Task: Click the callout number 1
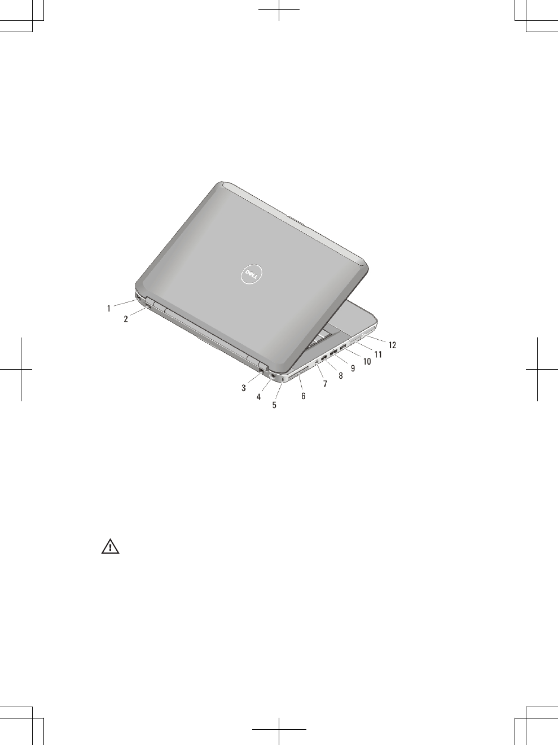click(x=109, y=309)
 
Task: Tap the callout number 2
click(x=126, y=319)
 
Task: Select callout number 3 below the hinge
click(x=244, y=388)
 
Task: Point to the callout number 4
click(x=259, y=397)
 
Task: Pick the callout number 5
click(x=274, y=405)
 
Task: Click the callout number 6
click(x=304, y=396)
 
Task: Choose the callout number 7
click(x=326, y=384)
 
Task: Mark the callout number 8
click(x=341, y=375)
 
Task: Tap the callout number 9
click(x=353, y=368)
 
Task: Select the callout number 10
click(x=367, y=361)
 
